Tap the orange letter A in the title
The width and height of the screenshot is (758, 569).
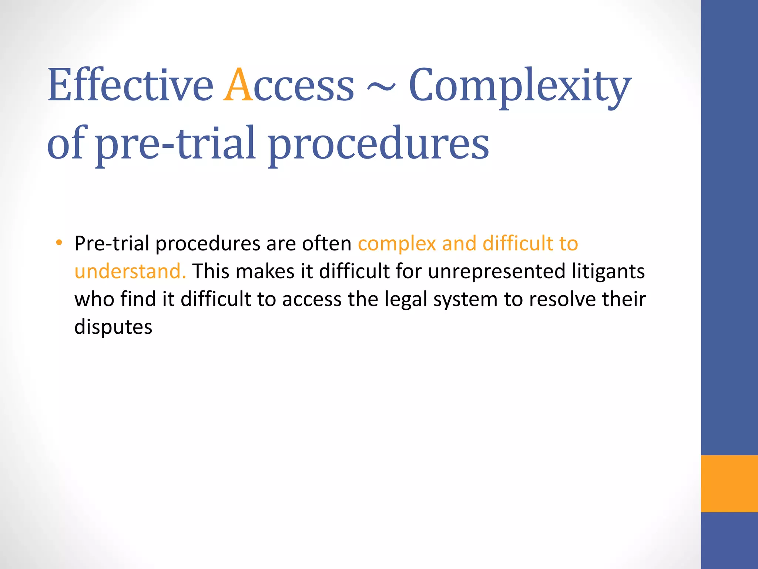238,85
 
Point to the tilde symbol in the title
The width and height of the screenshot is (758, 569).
381,87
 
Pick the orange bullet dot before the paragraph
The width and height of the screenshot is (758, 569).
59,243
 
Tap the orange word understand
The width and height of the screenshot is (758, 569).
130,271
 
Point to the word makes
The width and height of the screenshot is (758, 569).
265,271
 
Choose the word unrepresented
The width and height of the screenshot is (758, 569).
497,272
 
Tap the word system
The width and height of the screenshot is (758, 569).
465,300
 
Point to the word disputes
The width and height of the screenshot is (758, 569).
113,327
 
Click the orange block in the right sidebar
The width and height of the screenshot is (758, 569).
729,483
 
